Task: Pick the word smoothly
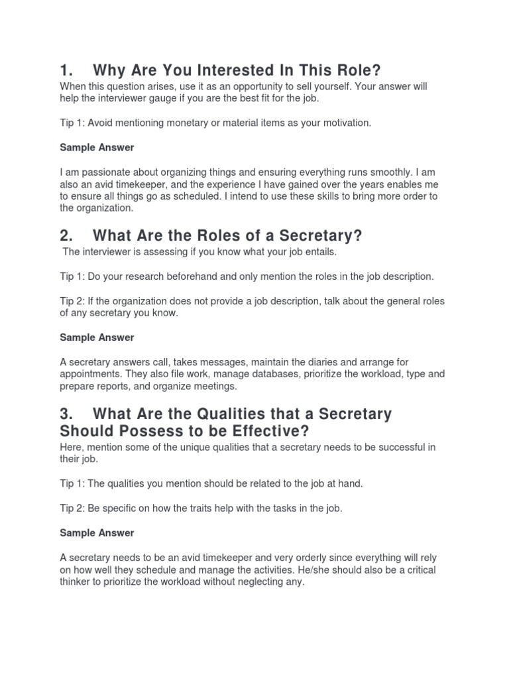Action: (x=402, y=172)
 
